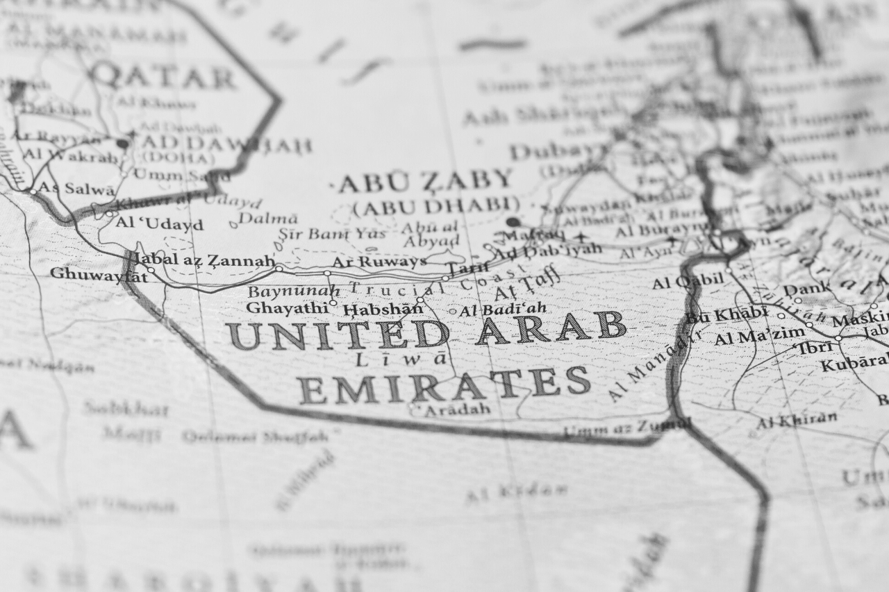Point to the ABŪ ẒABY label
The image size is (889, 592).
425,181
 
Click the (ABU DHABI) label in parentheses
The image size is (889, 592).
436,206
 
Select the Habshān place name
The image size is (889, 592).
383,309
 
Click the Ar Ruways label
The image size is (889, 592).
379,262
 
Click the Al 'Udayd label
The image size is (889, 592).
160,223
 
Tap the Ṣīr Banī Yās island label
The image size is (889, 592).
332,234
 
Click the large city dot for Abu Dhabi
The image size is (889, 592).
513,222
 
